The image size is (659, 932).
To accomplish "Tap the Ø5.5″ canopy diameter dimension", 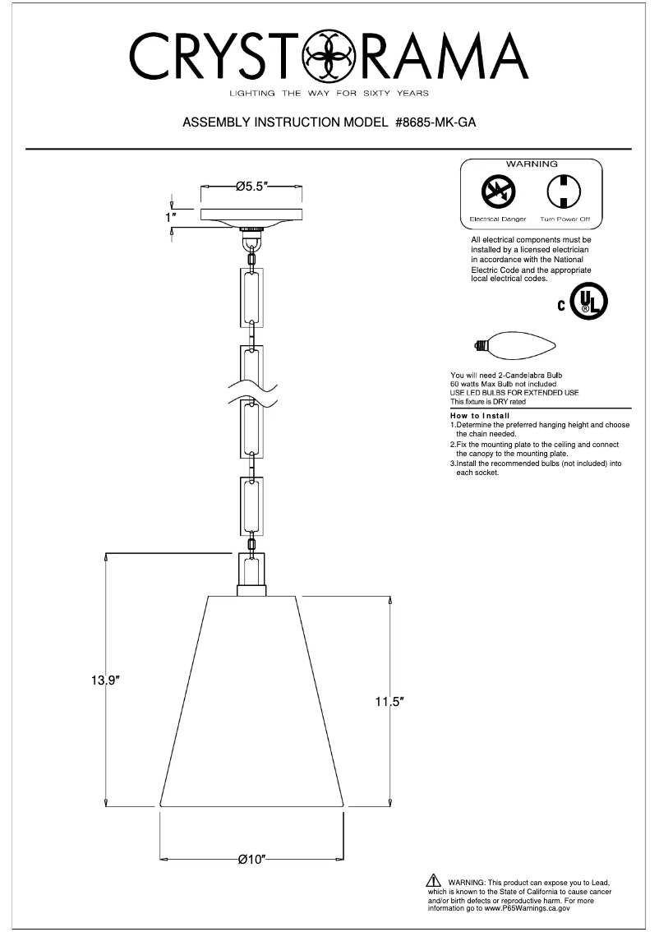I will (x=252, y=187).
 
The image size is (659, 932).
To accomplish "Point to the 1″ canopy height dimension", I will (x=171, y=218).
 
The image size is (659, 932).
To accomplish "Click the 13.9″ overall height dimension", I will (x=106, y=681).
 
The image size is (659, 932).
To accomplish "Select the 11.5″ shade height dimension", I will (x=389, y=702).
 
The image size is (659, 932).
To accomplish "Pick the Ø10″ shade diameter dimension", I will (x=251, y=860).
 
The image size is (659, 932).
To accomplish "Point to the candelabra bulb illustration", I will (x=513, y=346).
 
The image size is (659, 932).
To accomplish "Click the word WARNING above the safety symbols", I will (x=531, y=164).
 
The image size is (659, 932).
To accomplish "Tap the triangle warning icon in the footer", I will (x=435, y=881).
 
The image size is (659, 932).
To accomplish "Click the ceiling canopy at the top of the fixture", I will (x=252, y=215).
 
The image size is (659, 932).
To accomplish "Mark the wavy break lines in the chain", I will (x=252, y=386).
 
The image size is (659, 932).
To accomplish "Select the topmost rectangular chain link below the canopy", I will (x=252, y=298).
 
